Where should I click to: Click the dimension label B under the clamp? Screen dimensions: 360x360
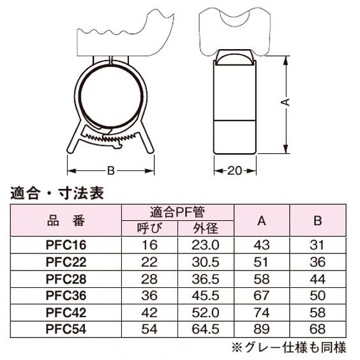111,171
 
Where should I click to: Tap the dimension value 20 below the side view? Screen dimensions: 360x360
234,171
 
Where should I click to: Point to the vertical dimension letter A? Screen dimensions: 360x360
285,102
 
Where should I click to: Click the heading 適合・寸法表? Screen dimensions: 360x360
57,193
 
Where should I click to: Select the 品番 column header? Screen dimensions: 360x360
66,221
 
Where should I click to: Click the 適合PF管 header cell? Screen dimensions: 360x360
177,212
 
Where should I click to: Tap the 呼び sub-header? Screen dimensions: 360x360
149,229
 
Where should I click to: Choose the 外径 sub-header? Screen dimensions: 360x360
206,229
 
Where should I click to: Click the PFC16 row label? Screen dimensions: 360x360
66,245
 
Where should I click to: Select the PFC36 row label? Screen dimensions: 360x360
66,296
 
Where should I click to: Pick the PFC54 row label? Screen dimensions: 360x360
66,329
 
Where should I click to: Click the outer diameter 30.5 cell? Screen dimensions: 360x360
206,262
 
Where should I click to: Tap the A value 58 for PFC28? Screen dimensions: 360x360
262,279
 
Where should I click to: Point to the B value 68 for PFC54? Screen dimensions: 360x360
317,329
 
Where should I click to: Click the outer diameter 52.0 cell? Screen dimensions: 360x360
206,313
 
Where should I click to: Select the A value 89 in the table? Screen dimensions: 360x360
262,329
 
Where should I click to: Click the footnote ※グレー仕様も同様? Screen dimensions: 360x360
289,347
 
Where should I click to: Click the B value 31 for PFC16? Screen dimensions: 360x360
317,245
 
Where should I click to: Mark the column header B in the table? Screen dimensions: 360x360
317,221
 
